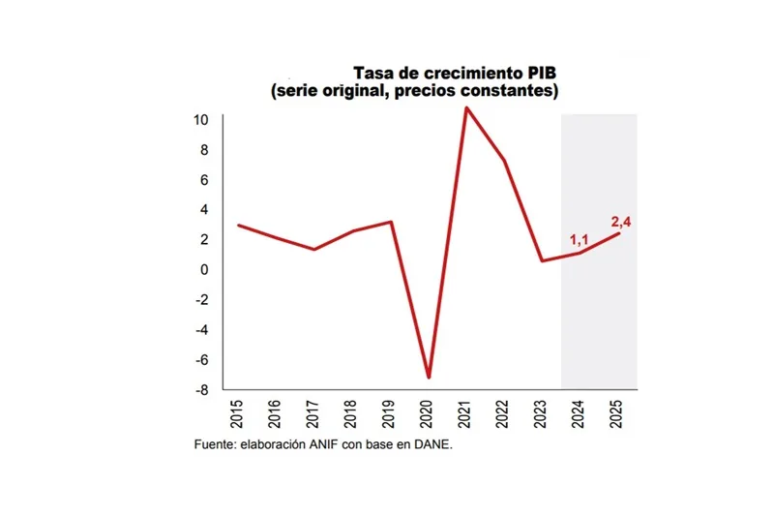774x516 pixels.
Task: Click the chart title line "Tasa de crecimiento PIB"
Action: point(455,74)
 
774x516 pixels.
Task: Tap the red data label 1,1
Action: point(579,240)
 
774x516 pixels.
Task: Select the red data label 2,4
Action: point(621,222)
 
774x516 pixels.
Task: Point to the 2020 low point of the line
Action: point(429,378)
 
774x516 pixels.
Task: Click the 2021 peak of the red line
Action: point(466,107)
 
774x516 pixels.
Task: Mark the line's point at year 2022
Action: point(504,160)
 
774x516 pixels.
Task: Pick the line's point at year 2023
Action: point(542,260)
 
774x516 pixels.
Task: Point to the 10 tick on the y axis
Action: point(201,120)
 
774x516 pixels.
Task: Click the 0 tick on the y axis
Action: point(205,269)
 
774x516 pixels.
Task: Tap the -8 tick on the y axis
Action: point(201,390)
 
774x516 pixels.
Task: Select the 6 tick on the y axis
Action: point(205,180)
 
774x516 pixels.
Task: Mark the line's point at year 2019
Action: point(390,222)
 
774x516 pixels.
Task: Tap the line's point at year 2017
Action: point(314,249)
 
